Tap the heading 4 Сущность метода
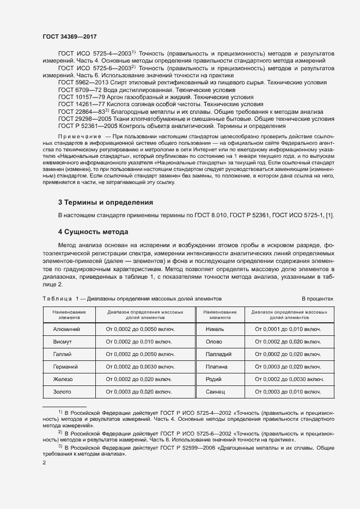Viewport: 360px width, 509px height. tap(93, 232)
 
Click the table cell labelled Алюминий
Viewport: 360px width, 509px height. tap(65, 329)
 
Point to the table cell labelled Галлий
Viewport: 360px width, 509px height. tap(65, 354)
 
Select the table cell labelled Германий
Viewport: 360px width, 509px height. tap(65, 366)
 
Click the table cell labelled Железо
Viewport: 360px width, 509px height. tap(65, 379)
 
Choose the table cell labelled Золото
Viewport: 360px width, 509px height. tap(65, 391)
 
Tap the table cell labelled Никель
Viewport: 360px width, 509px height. tap(216, 329)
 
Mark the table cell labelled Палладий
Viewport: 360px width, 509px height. tap(216, 354)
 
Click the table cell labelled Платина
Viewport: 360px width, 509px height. tap(216, 366)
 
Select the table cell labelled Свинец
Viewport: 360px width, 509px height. tap(216, 391)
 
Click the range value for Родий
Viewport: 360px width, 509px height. tap(288, 379)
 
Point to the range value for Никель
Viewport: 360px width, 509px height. tap(288, 329)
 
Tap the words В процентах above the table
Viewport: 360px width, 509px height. tap(318, 299)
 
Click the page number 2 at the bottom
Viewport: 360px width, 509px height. tap(44, 463)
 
